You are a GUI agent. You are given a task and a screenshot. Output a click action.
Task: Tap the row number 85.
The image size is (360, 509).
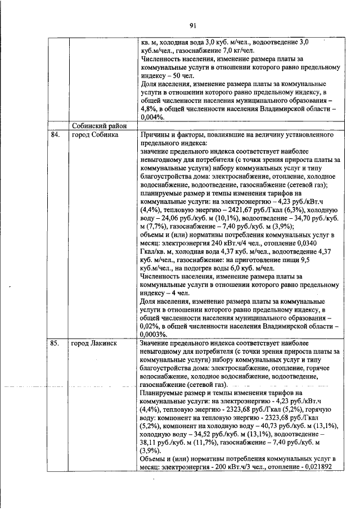[x=55, y=343]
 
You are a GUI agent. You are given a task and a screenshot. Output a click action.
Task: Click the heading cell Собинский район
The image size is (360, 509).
[x=97, y=125]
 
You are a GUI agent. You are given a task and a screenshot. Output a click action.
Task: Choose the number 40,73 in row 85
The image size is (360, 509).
[x=278, y=427]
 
